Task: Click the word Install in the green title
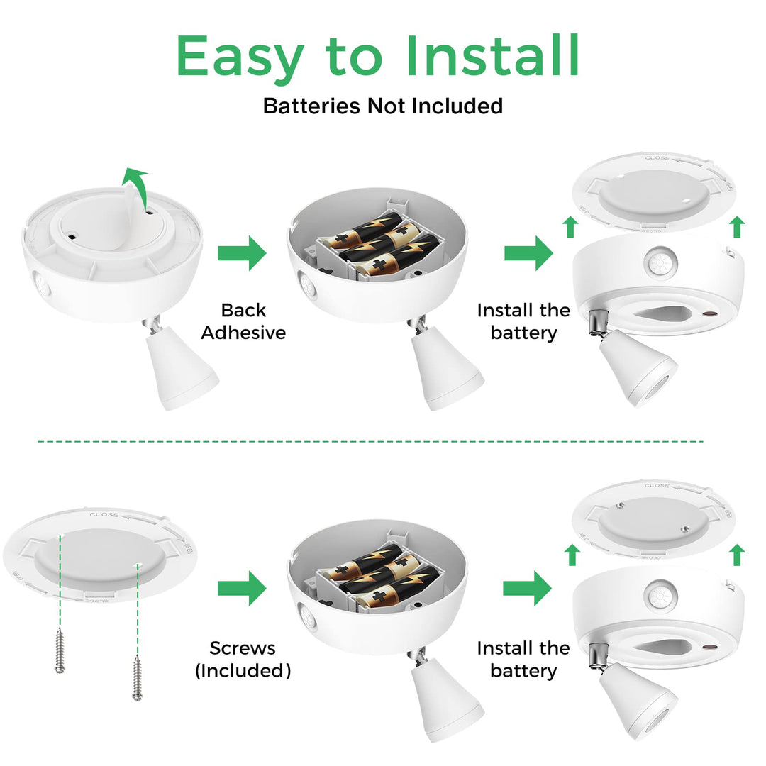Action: click(493, 55)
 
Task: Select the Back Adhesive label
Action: click(243, 321)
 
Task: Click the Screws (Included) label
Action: click(243, 659)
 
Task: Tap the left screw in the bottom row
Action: click(60, 650)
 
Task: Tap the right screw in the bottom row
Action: click(138, 678)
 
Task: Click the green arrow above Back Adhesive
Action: click(243, 253)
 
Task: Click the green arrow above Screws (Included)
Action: click(243, 588)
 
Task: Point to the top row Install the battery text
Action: click(523, 321)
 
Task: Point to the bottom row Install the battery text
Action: click(523, 659)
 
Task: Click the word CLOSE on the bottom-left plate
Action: click(104, 514)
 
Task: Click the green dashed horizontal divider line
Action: click(370, 441)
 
